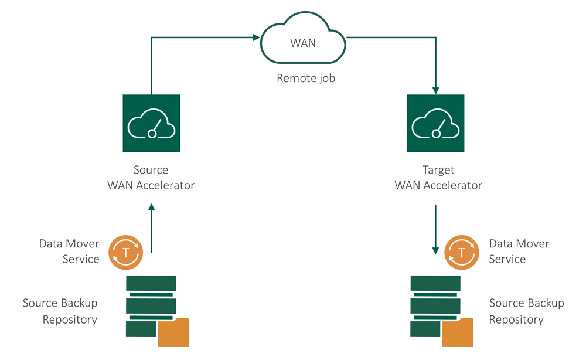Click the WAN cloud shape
coord(302,43)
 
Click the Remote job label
coord(306,78)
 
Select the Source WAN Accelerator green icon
coord(151,124)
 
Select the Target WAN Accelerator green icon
coord(435,124)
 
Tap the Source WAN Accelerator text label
coord(151,178)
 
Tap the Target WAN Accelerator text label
coord(438,178)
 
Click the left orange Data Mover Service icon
coord(126,253)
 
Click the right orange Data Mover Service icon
coord(462,253)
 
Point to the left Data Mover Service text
coord(69,251)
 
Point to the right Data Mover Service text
coord(519,251)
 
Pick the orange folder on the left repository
coord(173,332)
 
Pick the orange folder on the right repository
coord(458,332)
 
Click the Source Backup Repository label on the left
coord(60,311)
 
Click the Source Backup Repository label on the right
coord(526,311)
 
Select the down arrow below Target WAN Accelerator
coord(435,229)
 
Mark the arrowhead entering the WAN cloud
coord(257,38)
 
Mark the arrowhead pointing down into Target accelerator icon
coord(435,90)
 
